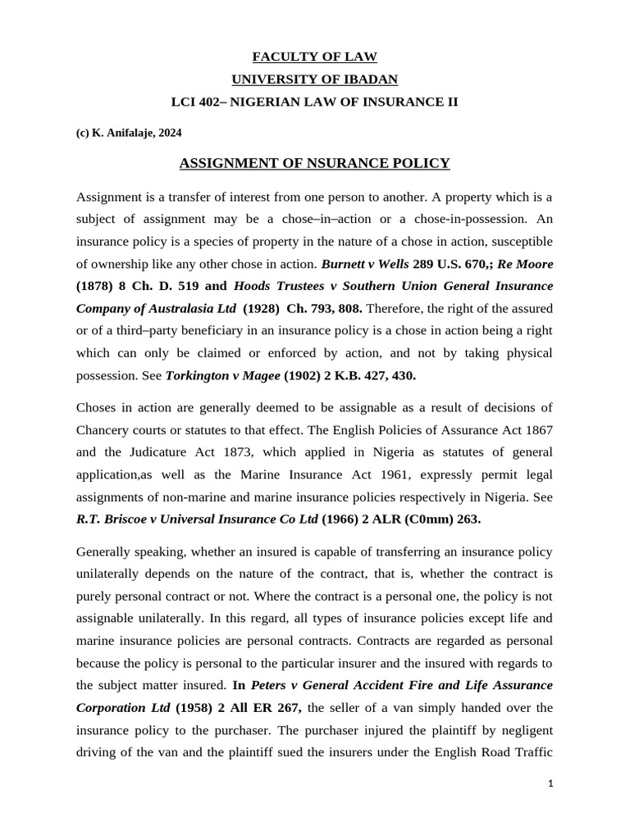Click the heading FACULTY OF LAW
coord(314,57)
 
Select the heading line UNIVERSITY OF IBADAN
coord(314,79)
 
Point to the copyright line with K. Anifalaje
coord(129,133)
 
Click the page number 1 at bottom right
coord(551,784)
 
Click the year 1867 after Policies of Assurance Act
coord(536,430)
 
